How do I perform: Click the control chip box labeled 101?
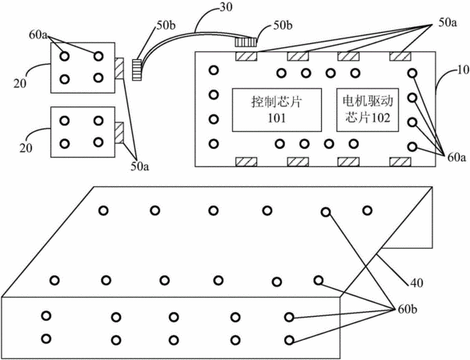tap(277, 110)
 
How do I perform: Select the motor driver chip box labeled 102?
tap(368, 110)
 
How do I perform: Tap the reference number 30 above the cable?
tap(226, 7)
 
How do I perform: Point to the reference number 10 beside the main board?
tap(463, 70)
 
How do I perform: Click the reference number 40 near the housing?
tap(416, 282)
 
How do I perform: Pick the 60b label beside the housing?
tap(408, 309)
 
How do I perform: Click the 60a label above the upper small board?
tap(38, 35)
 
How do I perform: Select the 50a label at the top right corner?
tap(448, 23)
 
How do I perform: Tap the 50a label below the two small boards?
tap(139, 166)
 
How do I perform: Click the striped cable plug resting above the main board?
tap(246, 42)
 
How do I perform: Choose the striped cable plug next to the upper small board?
tap(136, 70)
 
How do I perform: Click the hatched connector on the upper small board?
tap(119, 69)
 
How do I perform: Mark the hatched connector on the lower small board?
tap(119, 133)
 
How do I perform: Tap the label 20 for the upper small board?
tap(20, 83)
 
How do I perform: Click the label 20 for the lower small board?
tap(26, 148)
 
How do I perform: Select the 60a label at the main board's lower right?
tap(457, 158)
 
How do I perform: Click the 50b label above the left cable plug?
tap(166, 25)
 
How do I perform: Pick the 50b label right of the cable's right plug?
tap(283, 25)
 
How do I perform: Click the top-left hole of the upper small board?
tap(64, 56)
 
